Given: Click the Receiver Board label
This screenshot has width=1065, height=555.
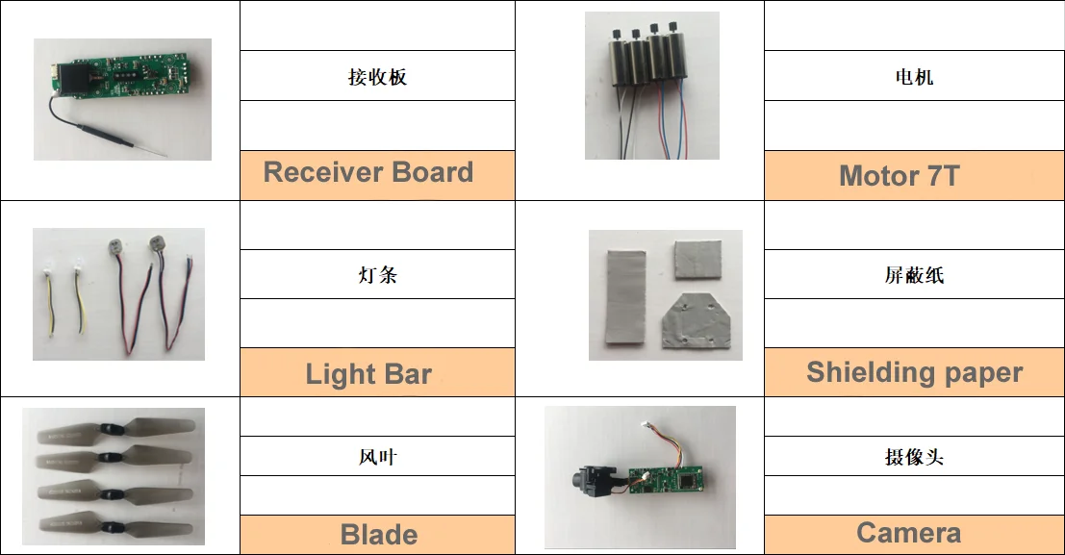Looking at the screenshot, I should (368, 173).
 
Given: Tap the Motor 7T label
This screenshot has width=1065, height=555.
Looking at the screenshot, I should (899, 176).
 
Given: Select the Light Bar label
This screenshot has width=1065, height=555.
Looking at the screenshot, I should (368, 374).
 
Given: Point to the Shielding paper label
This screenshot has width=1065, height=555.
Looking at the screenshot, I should (914, 372).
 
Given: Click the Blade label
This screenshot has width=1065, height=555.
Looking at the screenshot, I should (379, 535).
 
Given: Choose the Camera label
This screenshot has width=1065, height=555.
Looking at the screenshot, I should (908, 533).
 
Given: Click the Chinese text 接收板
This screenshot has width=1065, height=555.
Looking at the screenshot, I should (377, 77).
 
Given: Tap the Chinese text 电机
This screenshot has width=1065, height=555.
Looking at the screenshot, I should (914, 77).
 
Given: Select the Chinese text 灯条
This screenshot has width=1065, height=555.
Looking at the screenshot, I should (377, 275).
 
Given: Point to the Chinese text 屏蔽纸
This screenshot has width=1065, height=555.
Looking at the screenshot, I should (914, 275).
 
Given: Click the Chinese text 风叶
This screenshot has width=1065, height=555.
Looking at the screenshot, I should (377, 457).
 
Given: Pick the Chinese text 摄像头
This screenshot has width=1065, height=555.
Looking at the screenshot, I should (914, 457).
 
